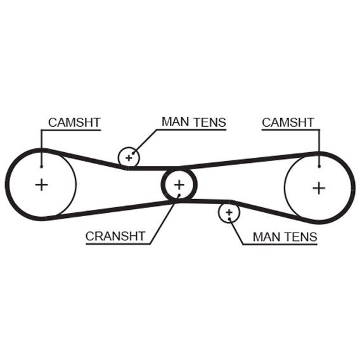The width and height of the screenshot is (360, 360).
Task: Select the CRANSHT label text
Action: (115, 236)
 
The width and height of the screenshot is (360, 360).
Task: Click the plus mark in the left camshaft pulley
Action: (41, 185)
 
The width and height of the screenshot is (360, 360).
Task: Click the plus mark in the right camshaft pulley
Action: (319, 187)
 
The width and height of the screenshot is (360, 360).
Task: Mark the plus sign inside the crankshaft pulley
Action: (179, 184)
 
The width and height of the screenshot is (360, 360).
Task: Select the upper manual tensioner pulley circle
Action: (129, 157)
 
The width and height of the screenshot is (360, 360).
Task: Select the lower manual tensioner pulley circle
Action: (229, 212)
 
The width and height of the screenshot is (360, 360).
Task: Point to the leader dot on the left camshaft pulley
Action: (41, 167)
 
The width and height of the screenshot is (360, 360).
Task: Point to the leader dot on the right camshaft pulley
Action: (319, 167)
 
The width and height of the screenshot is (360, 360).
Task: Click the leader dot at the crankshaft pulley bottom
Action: (178, 196)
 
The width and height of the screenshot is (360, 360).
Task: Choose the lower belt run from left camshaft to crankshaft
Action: (108, 210)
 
